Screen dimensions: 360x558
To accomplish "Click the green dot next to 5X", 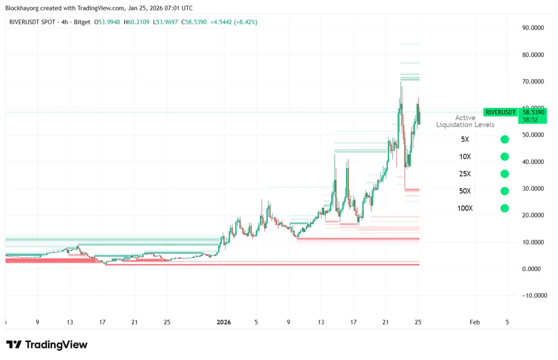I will (505, 140).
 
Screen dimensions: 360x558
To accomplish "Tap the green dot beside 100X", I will (505, 208).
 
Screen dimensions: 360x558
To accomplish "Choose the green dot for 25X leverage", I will (505, 174).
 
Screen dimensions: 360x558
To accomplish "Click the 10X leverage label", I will (465, 157).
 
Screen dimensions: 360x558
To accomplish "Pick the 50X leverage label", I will (465, 191).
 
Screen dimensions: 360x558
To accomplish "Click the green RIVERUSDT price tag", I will (500, 112).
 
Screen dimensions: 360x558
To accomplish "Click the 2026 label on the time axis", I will (224, 322).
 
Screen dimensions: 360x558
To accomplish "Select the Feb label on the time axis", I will (475, 322).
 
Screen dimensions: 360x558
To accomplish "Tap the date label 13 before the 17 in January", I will (321, 322).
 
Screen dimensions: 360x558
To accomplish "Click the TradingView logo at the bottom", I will (46, 345).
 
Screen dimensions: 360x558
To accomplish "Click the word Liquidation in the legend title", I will (453, 125).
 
